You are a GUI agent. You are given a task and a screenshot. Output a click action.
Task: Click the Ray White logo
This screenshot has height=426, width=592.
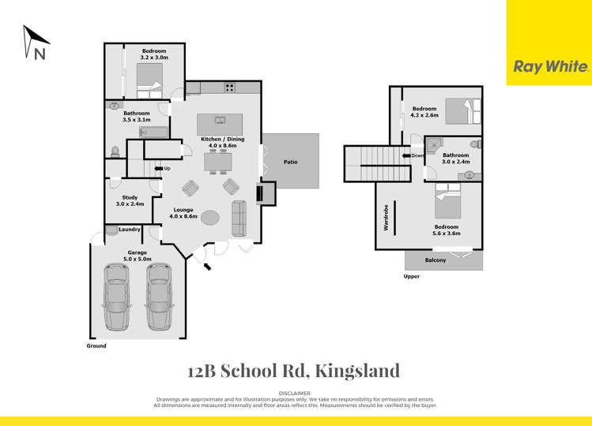point(551,67)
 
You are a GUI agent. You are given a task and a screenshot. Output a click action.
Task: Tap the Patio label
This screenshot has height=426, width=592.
point(290,162)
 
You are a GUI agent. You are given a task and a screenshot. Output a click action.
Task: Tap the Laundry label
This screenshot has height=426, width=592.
point(129,230)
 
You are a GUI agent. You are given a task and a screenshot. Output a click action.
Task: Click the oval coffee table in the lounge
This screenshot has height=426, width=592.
point(211,218)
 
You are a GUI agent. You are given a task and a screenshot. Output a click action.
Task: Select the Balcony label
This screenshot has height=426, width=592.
point(435,260)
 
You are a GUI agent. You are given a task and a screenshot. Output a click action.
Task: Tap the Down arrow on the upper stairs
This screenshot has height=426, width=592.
point(412,155)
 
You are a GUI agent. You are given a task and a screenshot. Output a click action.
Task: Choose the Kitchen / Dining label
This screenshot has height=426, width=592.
point(222,139)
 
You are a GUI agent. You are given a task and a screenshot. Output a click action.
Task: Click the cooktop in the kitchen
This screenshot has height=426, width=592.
point(229,88)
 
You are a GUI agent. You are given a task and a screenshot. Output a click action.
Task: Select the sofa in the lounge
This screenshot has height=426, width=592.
point(240,218)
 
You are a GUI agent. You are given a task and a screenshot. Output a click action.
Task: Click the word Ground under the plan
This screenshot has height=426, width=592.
point(96,346)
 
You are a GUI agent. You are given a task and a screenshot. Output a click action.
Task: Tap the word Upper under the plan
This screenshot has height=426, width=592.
point(411,277)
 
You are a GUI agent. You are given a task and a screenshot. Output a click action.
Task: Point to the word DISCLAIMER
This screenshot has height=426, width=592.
point(296,392)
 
